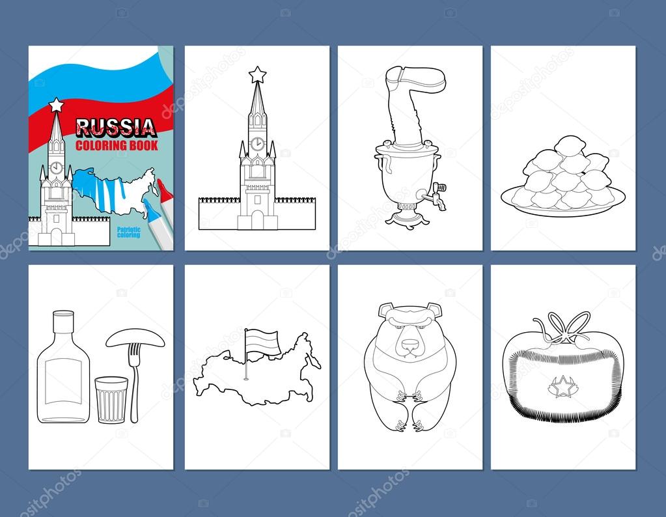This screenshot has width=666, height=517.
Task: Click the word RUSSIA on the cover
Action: (x=116, y=126)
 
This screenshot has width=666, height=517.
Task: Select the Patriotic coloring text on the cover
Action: (x=130, y=232)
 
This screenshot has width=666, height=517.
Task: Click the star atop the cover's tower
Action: (x=56, y=104)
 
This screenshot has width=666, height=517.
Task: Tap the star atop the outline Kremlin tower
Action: (x=258, y=72)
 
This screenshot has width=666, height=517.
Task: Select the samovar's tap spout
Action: (x=439, y=195)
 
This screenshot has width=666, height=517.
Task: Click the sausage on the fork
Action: (x=137, y=337)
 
